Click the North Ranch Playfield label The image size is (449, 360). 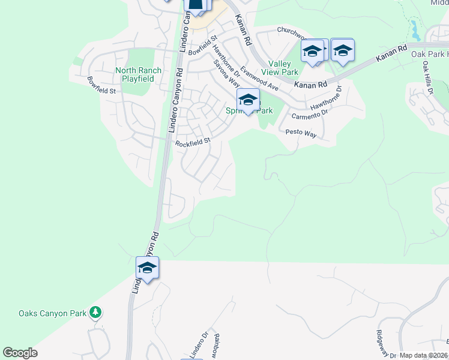click(138, 74)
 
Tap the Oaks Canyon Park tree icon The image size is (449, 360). click(95, 313)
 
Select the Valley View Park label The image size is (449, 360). click(283, 68)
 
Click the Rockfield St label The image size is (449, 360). click(193, 142)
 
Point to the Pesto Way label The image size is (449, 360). click(301, 133)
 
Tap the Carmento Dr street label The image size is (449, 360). click(309, 112)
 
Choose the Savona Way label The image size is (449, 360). click(228, 77)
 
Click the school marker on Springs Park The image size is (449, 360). click(247, 101)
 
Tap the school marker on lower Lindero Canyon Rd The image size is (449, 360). click(147, 268)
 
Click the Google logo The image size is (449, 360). click(20, 353)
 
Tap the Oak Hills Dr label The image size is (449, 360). click(427, 76)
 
